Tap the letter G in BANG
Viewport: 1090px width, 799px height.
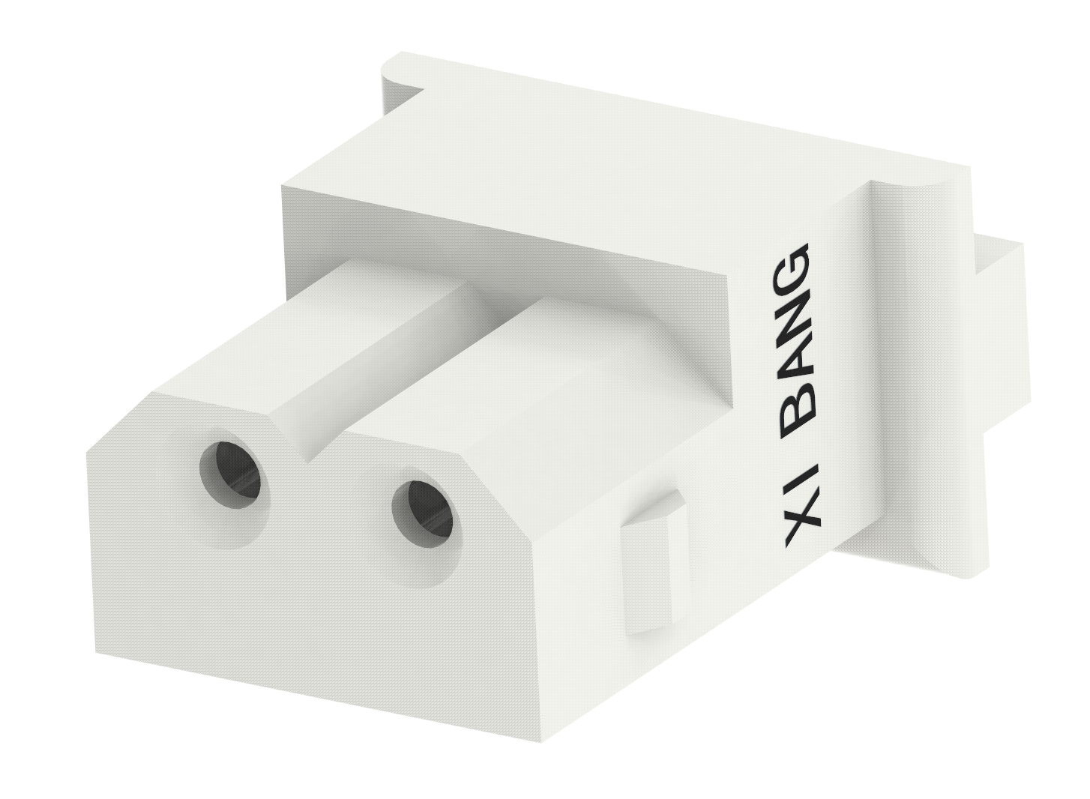(x=792, y=268)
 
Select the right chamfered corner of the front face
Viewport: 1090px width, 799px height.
(x=501, y=487)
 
